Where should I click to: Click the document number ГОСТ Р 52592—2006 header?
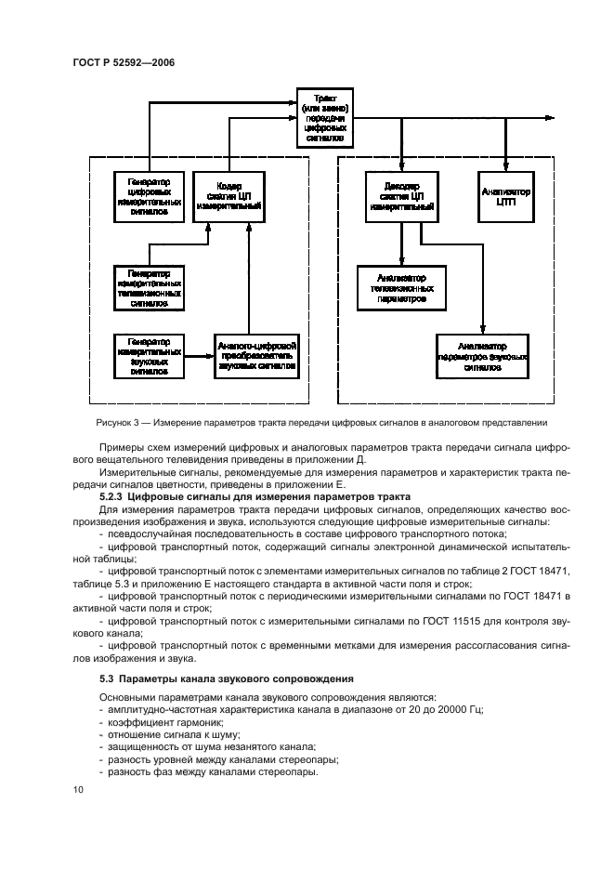click(x=123, y=62)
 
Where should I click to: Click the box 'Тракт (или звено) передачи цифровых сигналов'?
click(x=325, y=117)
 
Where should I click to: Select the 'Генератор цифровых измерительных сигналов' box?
click(x=143, y=195)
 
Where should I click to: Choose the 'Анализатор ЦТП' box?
click(x=506, y=195)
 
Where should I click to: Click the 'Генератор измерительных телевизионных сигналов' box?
click(x=143, y=288)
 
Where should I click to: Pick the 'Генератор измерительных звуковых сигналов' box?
click(x=143, y=354)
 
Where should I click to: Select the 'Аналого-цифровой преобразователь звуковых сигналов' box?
click(x=257, y=354)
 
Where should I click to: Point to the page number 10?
click(x=78, y=789)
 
